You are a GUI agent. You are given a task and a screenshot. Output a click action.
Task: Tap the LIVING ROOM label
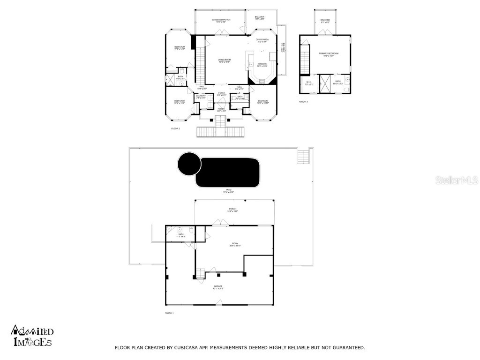225,60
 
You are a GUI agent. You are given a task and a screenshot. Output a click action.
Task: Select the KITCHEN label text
262,65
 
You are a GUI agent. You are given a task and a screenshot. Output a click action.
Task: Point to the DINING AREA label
262,40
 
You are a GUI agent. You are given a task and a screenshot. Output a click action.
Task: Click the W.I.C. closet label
309,82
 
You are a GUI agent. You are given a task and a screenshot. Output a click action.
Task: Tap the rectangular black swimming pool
228,172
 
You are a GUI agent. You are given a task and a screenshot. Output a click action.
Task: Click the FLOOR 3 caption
303,102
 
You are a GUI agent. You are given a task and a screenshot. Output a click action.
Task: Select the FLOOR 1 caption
169,313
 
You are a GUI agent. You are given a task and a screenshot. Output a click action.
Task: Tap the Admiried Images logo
32,337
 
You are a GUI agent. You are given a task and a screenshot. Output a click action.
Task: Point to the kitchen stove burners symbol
262,81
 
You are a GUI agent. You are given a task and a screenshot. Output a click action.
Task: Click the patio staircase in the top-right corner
303,156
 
